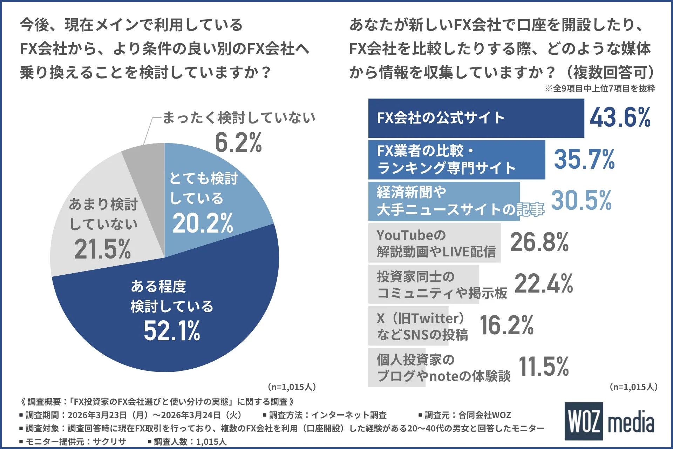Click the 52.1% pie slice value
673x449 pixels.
pos(172,331)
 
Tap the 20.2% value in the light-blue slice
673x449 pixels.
pos(203,223)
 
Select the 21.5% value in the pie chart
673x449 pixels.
pos(102,249)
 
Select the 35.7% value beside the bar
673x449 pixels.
pos(584,159)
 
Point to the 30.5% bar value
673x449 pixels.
pos(581,201)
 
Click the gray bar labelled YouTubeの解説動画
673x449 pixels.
pos(435,243)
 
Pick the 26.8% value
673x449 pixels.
pos(539,242)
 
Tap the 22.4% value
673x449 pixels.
pos(543,284)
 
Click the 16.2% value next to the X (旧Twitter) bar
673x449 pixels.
pos(506,325)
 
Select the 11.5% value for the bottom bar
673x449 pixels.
pos(543,367)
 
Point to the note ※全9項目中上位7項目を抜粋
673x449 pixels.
pos(600,89)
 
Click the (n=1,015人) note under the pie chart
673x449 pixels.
pos(292,387)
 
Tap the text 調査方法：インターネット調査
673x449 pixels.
pos(325,415)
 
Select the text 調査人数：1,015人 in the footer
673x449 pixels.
pos(187,442)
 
